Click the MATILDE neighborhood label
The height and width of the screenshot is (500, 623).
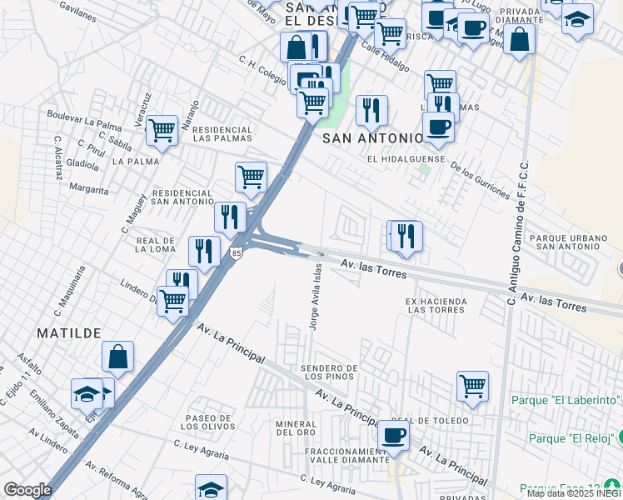pyautogui.click(x=68, y=333)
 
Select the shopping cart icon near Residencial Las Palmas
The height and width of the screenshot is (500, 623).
pyautogui.click(x=162, y=130)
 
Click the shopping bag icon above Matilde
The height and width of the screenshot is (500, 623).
pyautogui.click(x=118, y=357)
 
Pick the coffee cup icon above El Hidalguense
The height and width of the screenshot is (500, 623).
pyautogui.click(x=438, y=127)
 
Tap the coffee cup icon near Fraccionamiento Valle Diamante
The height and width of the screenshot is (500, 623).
pyautogui.click(x=393, y=435)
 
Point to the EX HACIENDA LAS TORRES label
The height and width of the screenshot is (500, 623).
pyautogui.click(x=436, y=305)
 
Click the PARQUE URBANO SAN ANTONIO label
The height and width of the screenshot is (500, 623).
pyautogui.click(x=570, y=242)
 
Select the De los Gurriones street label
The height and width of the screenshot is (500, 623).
pyautogui.click(x=480, y=178)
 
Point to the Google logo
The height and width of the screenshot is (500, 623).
pyautogui.click(x=27, y=490)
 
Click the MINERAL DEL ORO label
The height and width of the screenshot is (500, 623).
pyautogui.click(x=296, y=427)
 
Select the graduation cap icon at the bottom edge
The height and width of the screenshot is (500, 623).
pyautogui.click(x=212, y=488)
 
